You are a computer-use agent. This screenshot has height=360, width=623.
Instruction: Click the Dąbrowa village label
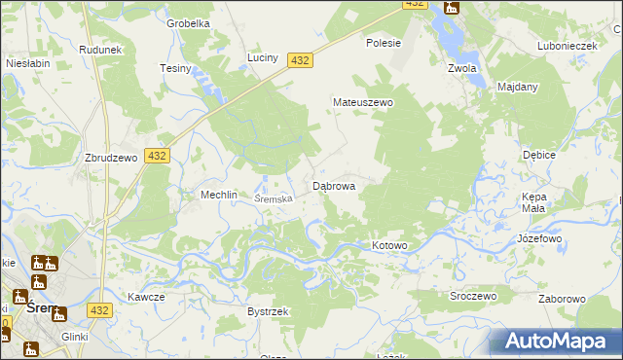[x=333, y=185]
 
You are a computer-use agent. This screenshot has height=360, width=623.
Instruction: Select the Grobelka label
[x=189, y=23]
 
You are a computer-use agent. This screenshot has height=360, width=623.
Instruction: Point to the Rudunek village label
[x=100, y=50]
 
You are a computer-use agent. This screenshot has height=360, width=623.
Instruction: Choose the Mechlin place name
[x=219, y=195]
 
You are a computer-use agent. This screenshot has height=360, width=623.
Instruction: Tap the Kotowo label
[x=389, y=246]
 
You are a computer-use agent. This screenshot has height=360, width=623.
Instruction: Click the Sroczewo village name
[x=473, y=296]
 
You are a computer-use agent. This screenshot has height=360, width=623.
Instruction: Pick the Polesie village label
[x=384, y=43]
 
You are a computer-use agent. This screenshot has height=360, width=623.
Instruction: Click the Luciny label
[x=263, y=57]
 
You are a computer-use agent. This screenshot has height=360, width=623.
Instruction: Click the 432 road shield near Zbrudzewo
[x=157, y=156]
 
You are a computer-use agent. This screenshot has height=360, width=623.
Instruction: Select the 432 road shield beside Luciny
[x=301, y=60]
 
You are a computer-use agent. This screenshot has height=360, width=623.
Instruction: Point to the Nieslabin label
[x=28, y=62]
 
